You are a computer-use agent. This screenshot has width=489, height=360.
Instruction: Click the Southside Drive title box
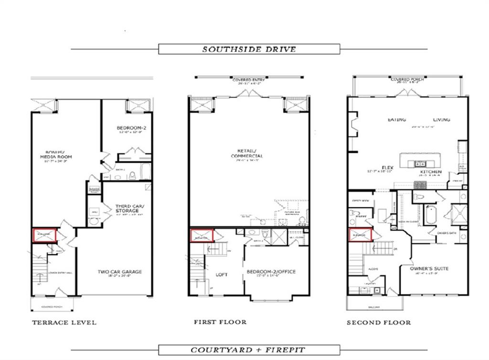coord(249,49)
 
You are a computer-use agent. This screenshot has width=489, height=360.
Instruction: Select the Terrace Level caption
coord(64,322)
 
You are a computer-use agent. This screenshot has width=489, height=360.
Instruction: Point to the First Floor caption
coord(220,322)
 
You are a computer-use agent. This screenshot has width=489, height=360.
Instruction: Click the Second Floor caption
coord(379,322)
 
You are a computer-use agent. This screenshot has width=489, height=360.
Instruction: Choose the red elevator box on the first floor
coord(201,236)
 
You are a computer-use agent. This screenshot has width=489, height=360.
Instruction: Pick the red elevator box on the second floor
coord(360,235)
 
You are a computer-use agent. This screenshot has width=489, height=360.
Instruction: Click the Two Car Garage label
coord(120,272)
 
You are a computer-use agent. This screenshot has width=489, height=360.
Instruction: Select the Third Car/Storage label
coord(127,209)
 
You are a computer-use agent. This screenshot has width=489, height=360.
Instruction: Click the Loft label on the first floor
coord(222,274)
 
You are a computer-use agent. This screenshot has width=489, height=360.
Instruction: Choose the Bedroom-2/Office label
coord(271,272)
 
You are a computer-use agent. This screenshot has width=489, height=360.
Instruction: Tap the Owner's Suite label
coord(429,269)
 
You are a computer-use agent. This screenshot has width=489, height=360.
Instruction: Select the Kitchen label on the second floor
coord(431,171)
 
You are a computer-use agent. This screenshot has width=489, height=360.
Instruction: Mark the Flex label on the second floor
coord(388,167)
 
